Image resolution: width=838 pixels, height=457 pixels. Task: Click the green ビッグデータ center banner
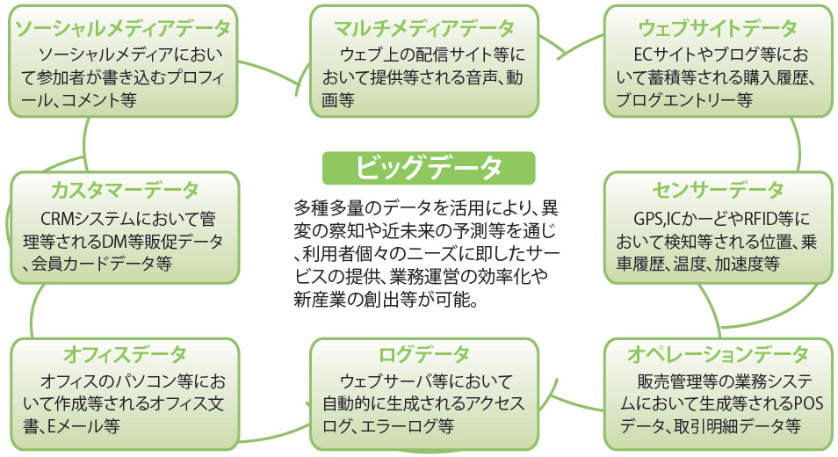point(429,168)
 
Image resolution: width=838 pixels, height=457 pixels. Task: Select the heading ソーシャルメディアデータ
point(123,29)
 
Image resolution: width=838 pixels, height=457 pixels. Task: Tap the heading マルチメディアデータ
point(423,29)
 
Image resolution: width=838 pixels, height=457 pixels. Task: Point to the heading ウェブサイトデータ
point(718,29)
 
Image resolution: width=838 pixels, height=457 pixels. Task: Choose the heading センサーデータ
point(718,191)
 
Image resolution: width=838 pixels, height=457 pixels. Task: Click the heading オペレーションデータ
point(718,354)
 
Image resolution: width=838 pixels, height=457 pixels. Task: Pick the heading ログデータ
point(423,354)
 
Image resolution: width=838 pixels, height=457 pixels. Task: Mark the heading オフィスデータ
point(125,354)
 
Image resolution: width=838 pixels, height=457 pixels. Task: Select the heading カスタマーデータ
point(125,191)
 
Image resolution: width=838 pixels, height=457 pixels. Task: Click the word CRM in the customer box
point(56,219)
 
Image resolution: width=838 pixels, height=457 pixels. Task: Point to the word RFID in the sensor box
point(760,219)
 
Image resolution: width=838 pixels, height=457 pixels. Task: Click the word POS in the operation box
point(809,403)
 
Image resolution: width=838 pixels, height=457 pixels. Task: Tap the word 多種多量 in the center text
point(324,207)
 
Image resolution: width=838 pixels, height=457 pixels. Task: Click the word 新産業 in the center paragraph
point(316,301)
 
